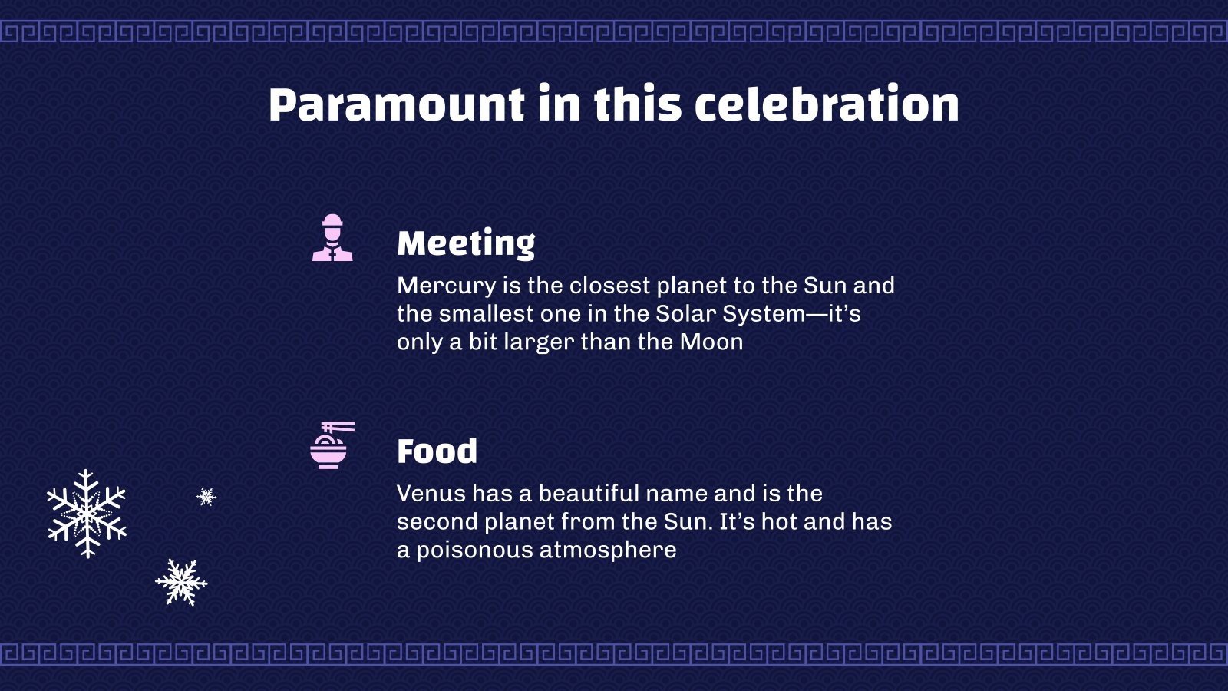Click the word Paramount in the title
tap(396, 104)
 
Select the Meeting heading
tap(466, 243)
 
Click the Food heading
tap(437, 451)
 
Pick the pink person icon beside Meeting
tap(332, 237)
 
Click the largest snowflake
tap(87, 514)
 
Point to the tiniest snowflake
tap(206, 497)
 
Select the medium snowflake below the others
tap(181, 583)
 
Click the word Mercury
tap(446, 286)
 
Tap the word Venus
tap(431, 494)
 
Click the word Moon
tap(711, 342)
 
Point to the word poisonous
tap(475, 550)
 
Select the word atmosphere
tap(608, 550)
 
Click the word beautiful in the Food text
tap(589, 494)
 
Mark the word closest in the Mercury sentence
tap(609, 286)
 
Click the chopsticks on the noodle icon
tap(338, 427)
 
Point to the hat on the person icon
tap(333, 220)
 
